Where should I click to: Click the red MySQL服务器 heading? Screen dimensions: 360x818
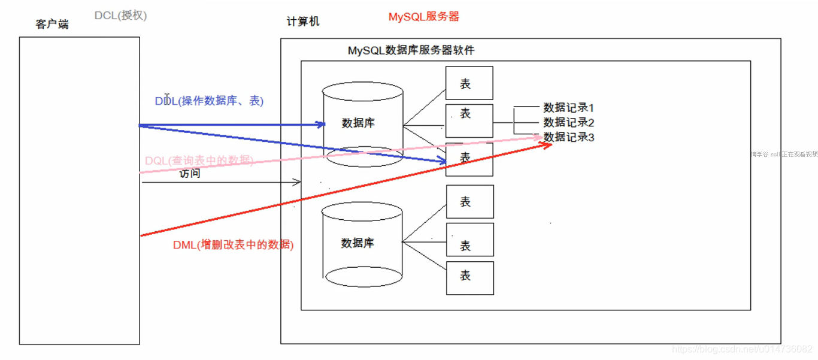pyautogui.click(x=423, y=17)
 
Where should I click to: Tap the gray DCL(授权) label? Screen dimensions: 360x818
pyautogui.click(x=120, y=16)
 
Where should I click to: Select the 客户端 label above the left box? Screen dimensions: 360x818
pyautogui.click(x=52, y=25)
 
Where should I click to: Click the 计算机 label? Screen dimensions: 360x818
pyautogui.click(x=303, y=22)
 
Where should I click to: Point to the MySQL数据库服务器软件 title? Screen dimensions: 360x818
pyautogui.click(x=411, y=50)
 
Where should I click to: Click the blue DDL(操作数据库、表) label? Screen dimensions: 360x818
pyautogui.click(x=209, y=101)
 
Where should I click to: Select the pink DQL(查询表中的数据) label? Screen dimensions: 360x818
pyautogui.click(x=199, y=161)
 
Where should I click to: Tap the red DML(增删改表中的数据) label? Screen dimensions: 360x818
pyautogui.click(x=233, y=244)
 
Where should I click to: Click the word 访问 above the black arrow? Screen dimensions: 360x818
pyautogui.click(x=190, y=174)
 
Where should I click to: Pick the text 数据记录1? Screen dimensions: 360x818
pyautogui.click(x=568, y=108)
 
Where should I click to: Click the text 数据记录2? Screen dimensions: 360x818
pyautogui.click(x=568, y=123)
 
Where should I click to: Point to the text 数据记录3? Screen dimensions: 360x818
pyautogui.click(x=568, y=137)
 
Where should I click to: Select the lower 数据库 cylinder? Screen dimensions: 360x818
pyautogui.click(x=362, y=244)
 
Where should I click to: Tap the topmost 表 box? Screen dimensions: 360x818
pyautogui.click(x=469, y=83)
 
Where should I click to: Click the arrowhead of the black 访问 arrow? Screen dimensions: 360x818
pyautogui.click(x=297, y=181)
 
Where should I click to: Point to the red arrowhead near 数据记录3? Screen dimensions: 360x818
pyautogui.click(x=547, y=145)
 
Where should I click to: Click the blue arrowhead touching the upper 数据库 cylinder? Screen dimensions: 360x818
pyautogui.click(x=322, y=125)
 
